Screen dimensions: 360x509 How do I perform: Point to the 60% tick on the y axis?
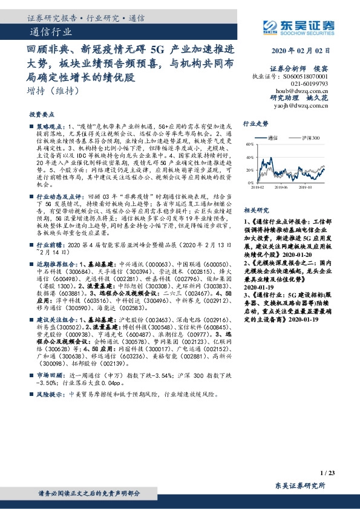click(248, 144)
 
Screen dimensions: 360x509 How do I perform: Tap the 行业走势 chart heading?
click(255, 123)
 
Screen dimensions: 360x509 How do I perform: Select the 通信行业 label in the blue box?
click(49, 31)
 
